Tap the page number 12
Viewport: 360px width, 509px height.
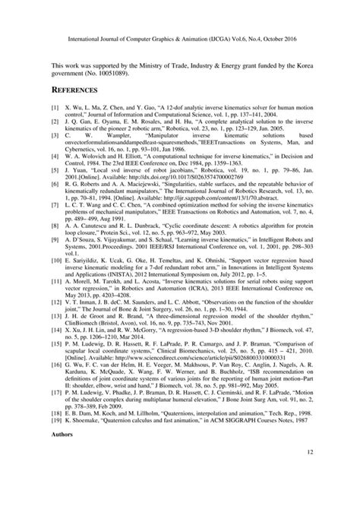tap(309, 474)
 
